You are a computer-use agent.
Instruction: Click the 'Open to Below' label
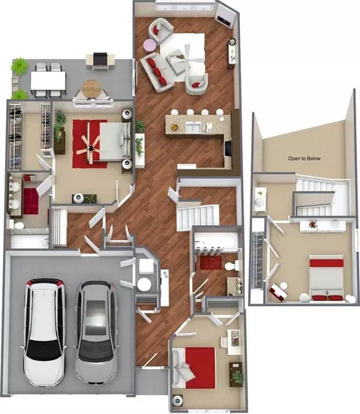[304, 158]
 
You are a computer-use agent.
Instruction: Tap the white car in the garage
[44, 332]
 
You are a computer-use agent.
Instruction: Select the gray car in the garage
[96, 333]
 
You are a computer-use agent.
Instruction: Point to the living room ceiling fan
[187, 58]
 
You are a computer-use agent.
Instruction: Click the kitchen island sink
[193, 127]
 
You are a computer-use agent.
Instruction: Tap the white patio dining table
[48, 81]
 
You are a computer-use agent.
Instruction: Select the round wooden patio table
[91, 88]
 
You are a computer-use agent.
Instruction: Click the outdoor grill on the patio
[100, 60]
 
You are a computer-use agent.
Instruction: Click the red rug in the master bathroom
[31, 201]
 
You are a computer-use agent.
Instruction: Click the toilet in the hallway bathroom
[233, 265]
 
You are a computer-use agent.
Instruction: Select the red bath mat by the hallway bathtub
[211, 262]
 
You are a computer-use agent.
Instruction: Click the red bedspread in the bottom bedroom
[200, 367]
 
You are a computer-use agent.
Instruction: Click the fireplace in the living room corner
[225, 16]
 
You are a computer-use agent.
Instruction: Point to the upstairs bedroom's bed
[326, 277]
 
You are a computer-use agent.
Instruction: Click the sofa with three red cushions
[156, 71]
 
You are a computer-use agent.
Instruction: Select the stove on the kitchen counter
[227, 149]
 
